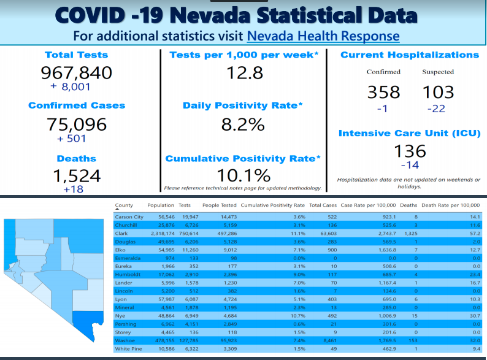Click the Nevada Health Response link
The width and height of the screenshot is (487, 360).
pos(323,36)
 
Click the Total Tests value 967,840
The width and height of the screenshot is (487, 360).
pos(77,73)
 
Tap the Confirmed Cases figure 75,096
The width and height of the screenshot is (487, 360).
pos(77,124)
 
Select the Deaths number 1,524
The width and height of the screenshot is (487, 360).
pos(77,176)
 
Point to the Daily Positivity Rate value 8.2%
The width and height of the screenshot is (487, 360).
pos(243,124)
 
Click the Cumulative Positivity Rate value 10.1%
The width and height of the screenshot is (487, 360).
pos(243,175)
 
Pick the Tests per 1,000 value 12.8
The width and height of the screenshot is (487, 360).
pos(243,73)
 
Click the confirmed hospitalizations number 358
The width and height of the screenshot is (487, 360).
pos(383,93)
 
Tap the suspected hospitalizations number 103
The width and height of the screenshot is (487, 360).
pos(438,93)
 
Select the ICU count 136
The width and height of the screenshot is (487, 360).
pos(410,150)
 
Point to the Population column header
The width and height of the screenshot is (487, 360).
pos(161,205)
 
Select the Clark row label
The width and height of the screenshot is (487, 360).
pos(121,234)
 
